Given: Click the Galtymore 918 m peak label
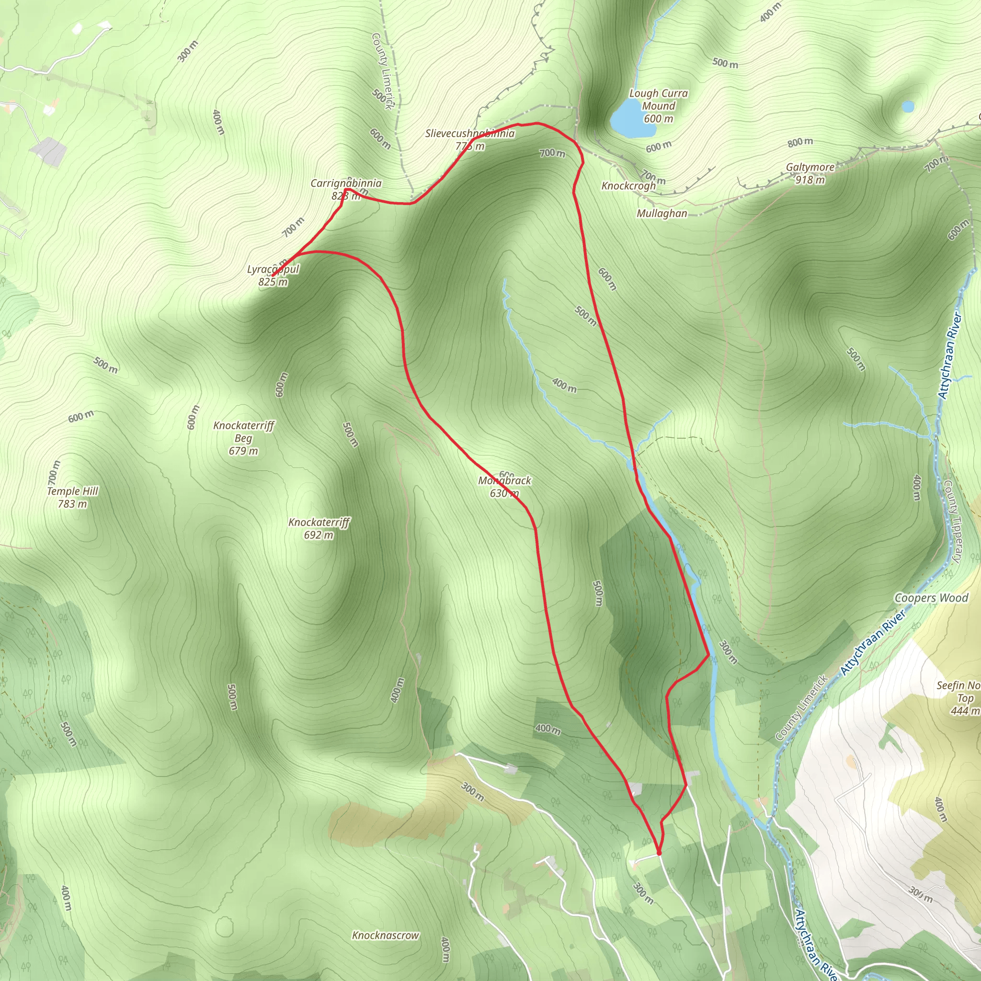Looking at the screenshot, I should (x=810, y=173).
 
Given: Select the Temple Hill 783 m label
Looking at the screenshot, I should (x=73, y=497).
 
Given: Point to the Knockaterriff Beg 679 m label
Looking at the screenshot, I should (x=244, y=438).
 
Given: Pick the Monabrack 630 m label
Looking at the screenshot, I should (x=504, y=487).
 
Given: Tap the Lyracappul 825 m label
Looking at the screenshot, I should (x=273, y=276).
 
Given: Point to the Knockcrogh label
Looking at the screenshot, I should (x=628, y=186).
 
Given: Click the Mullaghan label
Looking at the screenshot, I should (x=662, y=214).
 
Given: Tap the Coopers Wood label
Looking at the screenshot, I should (x=931, y=598).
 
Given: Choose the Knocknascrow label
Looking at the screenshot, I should (x=386, y=935).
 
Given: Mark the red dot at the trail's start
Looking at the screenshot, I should (x=659, y=853).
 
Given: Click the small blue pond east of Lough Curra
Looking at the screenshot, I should (x=908, y=107).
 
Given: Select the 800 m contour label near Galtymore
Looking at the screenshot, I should (x=800, y=142).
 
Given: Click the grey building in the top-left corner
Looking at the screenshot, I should (x=49, y=151).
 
